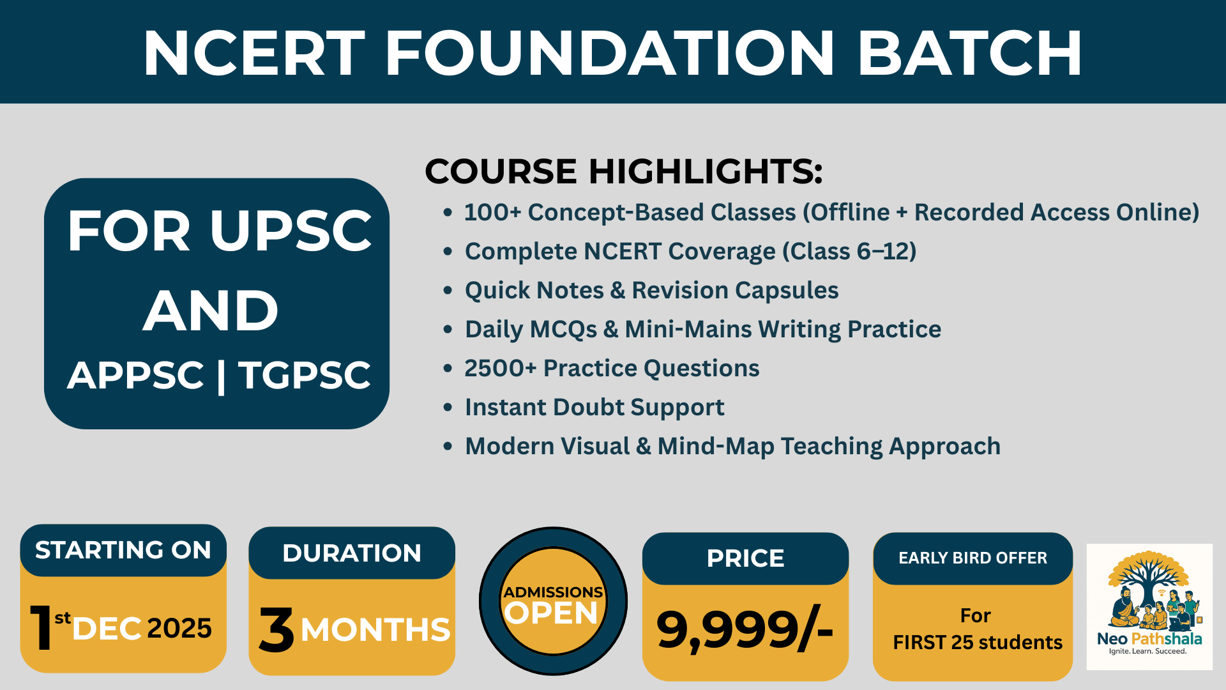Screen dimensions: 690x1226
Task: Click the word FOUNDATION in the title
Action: [610, 54]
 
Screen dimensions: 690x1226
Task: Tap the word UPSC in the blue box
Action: [291, 231]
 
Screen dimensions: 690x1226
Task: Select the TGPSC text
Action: [305, 375]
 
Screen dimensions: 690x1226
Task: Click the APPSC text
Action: [135, 375]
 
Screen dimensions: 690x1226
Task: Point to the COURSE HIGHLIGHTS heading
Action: [624, 171]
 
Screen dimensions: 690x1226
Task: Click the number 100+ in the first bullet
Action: [492, 213]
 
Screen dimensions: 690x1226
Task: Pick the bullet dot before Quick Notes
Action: [448, 291]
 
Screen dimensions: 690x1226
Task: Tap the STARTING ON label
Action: [123, 550]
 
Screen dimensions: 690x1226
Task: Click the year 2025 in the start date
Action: [179, 629]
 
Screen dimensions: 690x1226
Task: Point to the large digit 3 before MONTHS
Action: [276, 630]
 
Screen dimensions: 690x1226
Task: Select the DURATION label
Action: [352, 553]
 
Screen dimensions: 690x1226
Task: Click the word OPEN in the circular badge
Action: [551, 613]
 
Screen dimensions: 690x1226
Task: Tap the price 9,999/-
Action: [745, 631]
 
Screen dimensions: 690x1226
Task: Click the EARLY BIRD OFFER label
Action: [972, 558]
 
